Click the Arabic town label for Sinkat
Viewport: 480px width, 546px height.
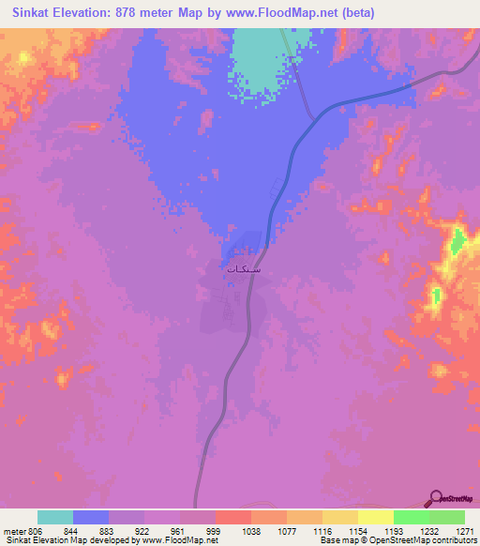pos(244,268)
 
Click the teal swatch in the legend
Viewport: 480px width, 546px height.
pos(55,516)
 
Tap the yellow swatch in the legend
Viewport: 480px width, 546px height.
pos(376,516)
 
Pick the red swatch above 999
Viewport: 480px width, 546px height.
pos(233,516)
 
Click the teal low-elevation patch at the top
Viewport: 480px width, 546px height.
pos(259,56)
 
